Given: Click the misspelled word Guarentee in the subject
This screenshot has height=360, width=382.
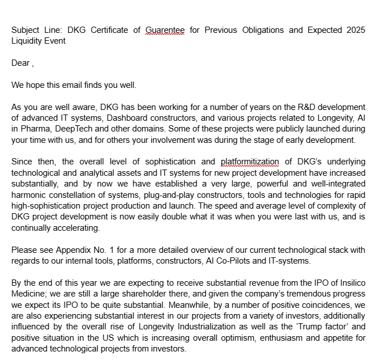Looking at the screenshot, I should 165,30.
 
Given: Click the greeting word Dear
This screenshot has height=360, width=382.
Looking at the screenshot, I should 20,63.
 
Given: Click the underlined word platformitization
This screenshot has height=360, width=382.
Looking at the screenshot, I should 250,162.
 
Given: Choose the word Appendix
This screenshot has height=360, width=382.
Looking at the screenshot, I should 71,249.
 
